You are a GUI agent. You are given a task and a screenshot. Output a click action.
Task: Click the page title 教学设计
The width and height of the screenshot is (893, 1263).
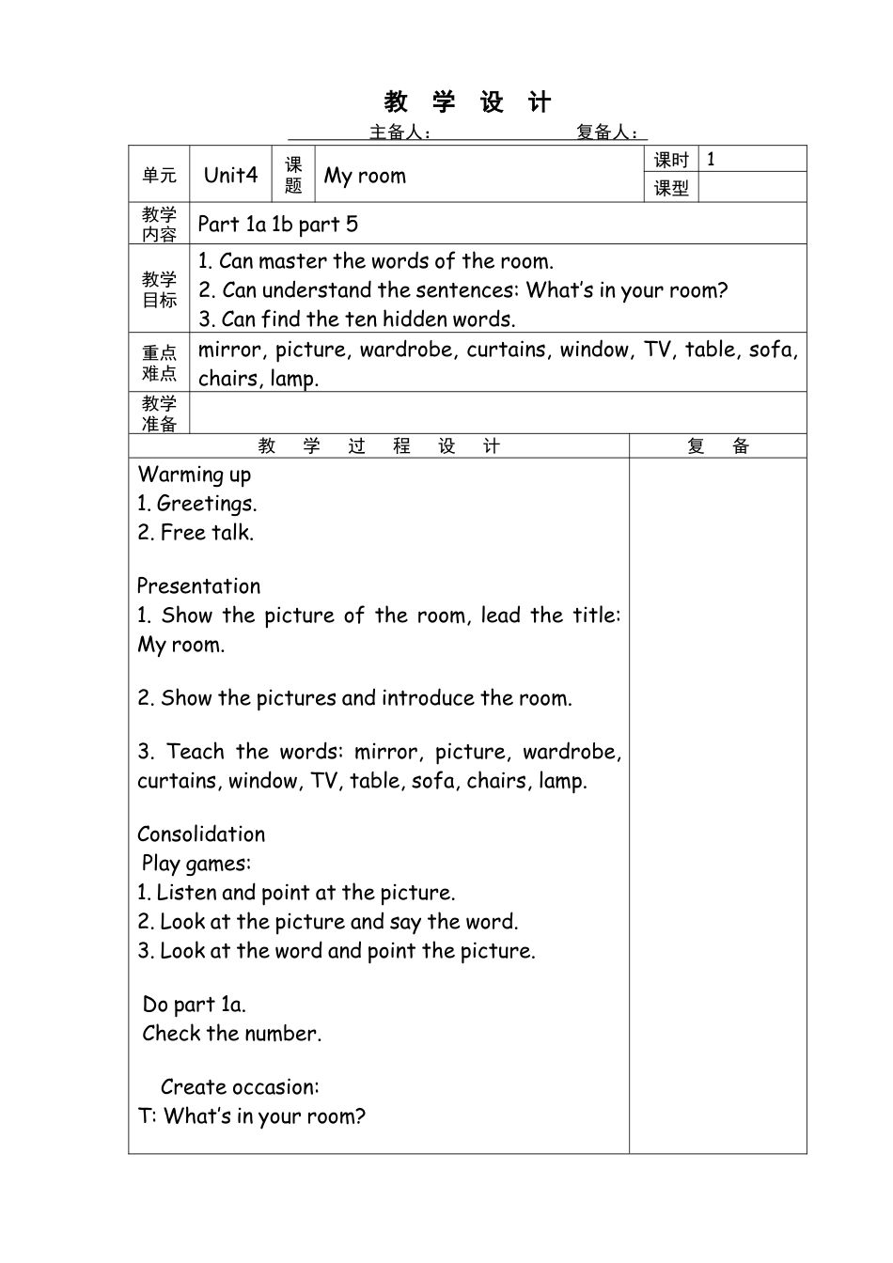[467, 101]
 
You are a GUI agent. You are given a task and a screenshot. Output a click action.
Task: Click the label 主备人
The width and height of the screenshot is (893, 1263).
[399, 133]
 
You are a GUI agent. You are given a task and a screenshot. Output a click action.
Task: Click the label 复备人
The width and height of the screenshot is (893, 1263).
[606, 133]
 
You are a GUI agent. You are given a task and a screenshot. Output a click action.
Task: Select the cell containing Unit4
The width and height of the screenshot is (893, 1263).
[230, 175]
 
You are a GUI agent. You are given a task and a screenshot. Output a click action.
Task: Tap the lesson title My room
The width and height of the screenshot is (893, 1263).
[365, 176]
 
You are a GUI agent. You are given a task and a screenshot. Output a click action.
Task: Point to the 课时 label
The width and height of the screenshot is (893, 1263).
[671, 160]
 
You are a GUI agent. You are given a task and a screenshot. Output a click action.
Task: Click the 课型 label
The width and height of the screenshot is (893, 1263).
[671, 188]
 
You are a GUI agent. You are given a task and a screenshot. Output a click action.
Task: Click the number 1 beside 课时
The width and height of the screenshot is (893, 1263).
[711, 159]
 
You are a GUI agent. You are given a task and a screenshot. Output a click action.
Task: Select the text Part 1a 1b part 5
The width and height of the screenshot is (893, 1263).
[278, 224]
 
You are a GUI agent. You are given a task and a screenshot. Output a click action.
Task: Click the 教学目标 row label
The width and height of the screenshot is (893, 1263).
[159, 289]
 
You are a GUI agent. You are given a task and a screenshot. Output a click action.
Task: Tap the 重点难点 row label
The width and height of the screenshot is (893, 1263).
[159, 364]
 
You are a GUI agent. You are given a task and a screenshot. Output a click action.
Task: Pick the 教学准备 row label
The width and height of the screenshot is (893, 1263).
[159, 413]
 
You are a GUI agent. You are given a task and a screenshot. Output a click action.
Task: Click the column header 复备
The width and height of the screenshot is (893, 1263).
[717, 446]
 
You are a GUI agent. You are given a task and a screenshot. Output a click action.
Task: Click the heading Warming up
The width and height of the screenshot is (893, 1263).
[195, 475]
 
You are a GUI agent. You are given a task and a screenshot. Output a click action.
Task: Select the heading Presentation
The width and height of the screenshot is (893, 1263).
[199, 586]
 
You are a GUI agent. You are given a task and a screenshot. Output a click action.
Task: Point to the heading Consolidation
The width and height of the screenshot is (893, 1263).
[201, 834]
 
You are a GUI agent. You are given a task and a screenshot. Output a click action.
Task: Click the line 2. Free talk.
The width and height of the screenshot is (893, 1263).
[196, 533]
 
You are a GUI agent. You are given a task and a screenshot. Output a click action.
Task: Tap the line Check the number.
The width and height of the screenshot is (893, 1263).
[232, 1034]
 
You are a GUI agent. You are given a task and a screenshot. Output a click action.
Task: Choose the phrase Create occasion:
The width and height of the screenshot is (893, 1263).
[240, 1087]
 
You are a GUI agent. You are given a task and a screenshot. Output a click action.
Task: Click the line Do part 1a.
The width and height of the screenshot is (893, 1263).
[195, 1005]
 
